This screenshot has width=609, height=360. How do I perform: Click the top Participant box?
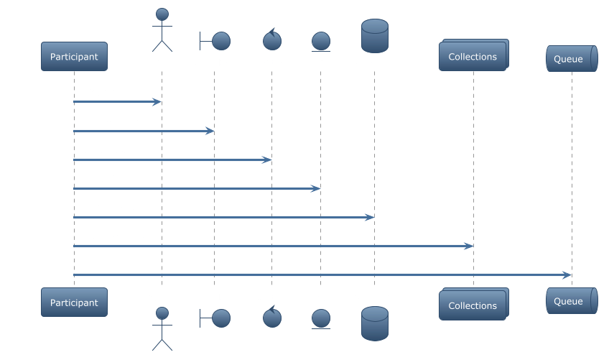tap(74, 57)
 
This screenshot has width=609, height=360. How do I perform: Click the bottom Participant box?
tap(74, 303)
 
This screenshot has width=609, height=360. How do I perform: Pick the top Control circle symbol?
tap(271, 40)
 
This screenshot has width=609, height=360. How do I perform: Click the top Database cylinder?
tap(374, 36)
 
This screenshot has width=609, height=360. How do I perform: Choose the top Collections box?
tap(473, 56)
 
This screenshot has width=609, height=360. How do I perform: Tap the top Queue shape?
tap(572, 59)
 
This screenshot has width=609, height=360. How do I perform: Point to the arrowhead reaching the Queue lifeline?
tap(567, 274)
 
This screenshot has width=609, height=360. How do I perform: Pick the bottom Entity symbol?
tap(320, 318)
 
